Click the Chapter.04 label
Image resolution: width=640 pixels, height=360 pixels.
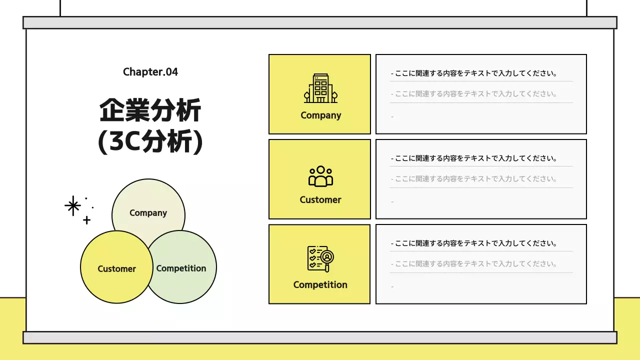tap(150, 72)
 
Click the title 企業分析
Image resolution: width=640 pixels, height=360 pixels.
tap(150, 110)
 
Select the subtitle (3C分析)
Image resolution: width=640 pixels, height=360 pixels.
tap(150, 142)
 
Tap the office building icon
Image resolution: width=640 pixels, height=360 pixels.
tap(320, 88)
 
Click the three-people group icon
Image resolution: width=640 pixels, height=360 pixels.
tap(320, 176)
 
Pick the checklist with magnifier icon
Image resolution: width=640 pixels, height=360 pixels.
tap(320, 258)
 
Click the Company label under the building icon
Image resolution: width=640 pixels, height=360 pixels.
tap(320, 115)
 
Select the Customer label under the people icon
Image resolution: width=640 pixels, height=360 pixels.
tap(320, 200)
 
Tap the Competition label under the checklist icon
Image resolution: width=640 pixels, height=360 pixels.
tap(320, 285)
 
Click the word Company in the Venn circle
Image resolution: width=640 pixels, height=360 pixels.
tap(148, 213)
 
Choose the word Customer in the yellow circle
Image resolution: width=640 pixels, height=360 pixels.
tap(116, 269)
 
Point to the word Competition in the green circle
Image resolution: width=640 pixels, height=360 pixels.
tap(181, 268)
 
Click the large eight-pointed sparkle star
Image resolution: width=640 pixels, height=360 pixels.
tap(73, 205)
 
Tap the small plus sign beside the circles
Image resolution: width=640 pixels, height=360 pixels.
tap(86, 220)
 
